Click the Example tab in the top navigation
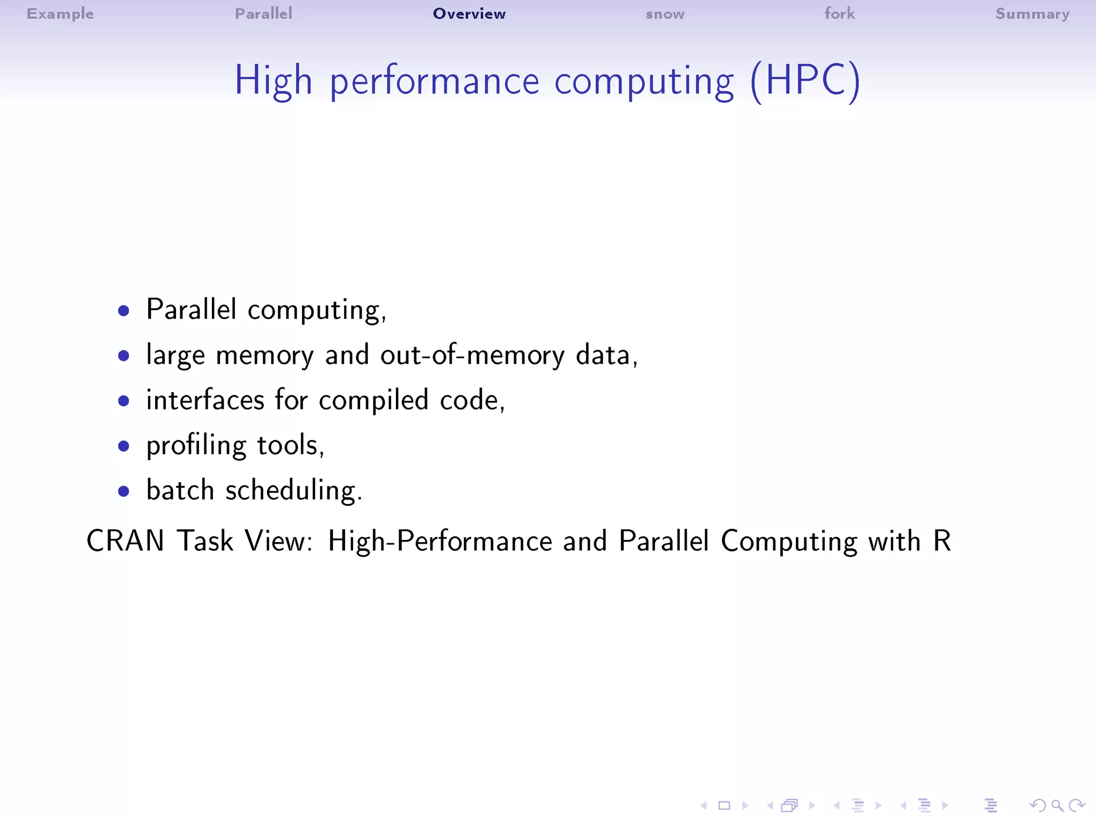pos(60,14)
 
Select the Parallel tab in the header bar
pos(263,14)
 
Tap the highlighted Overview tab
pos(469,14)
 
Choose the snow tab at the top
pos(665,14)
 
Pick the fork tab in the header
pos(839,14)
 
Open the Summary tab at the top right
pos(1032,14)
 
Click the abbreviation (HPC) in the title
pos(805,81)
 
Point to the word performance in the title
pos(434,82)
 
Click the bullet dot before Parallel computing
pos(124,311)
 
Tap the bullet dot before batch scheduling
pos(124,491)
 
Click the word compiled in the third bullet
pos(374,400)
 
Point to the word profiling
pos(196,446)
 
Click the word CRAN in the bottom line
pos(125,541)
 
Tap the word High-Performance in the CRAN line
pos(439,541)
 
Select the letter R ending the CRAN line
pos(942,541)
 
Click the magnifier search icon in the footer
pos(1057,805)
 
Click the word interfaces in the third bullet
pos(205,400)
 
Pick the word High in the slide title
pos(273,81)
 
